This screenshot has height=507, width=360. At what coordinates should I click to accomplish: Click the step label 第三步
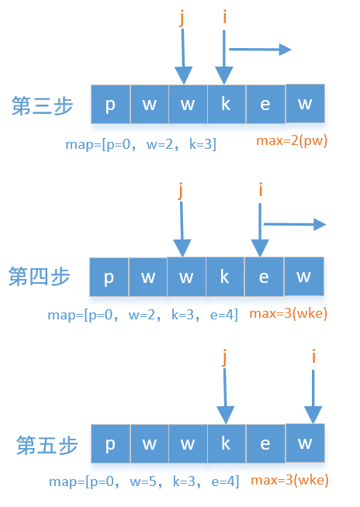point(43,106)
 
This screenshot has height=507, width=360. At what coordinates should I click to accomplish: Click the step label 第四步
point(40,277)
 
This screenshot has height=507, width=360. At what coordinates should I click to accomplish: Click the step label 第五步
point(47,446)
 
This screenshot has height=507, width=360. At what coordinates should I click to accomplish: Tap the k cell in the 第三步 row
point(227,104)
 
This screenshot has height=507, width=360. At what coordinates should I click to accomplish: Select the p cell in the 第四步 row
point(109,277)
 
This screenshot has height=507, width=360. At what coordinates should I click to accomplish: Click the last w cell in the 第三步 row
point(305,103)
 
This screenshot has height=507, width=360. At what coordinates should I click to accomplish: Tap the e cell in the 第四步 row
point(264,277)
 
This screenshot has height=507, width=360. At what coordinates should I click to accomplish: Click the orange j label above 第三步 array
point(182,17)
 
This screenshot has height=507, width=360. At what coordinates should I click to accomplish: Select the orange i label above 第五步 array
point(313,357)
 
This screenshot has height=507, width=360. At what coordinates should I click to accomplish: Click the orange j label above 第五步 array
point(224,357)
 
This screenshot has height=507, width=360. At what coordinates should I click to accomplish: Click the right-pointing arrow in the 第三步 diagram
point(261,50)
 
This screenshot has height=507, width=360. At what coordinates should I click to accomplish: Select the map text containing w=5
point(144,481)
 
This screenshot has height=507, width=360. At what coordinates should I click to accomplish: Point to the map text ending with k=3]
point(141,144)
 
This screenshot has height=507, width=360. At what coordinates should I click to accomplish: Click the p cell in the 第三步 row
point(110,104)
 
